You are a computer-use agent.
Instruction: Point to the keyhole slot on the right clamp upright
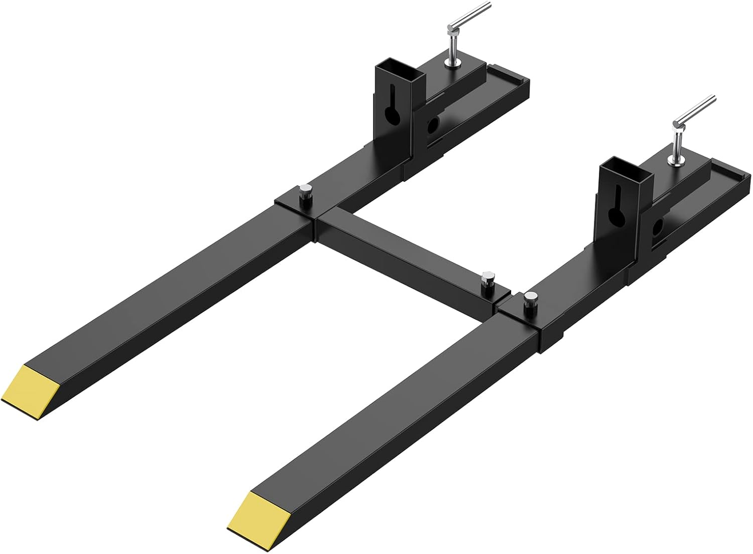pyautogui.click(x=616, y=211)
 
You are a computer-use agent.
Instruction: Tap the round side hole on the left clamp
pyautogui.click(x=432, y=128)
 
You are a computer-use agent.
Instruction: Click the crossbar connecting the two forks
pyautogui.click(x=402, y=246)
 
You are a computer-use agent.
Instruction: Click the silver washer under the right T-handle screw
pyautogui.click(x=676, y=160)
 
